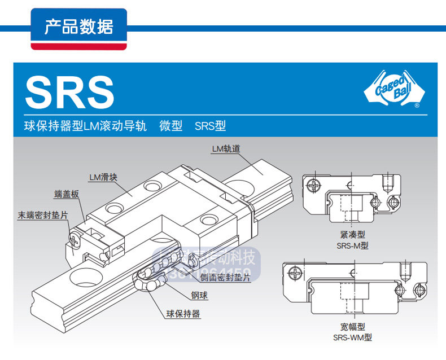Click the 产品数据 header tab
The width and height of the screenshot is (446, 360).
pos(78,27)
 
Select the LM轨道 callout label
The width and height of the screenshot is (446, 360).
pos(226,149)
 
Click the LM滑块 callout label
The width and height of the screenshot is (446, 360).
pos(103,177)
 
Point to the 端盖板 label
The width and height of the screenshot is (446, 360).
pos(67,195)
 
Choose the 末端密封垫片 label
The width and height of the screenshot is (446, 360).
pos(43,215)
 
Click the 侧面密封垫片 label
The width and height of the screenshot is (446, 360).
pos(225,278)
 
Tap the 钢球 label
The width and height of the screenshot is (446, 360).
pos(199,294)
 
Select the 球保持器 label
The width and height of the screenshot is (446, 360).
pos(183,314)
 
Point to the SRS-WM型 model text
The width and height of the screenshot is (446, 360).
pos(352,337)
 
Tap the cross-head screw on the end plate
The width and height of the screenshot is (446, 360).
pos(74,239)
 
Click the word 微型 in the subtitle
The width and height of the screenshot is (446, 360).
pos(170,126)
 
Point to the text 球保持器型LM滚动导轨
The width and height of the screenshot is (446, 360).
pos(85,126)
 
